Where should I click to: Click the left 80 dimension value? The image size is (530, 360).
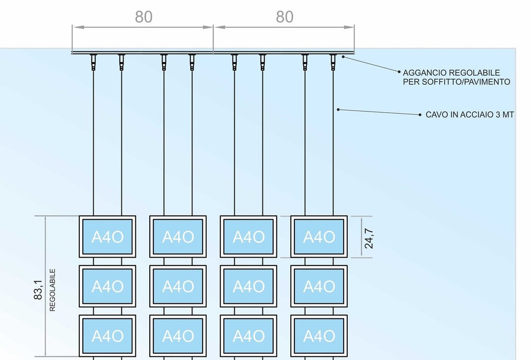click(x=144, y=17)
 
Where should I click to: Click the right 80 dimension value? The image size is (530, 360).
click(x=285, y=17)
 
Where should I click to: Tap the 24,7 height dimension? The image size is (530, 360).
click(x=369, y=237)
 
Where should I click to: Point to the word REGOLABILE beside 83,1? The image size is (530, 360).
click(x=52, y=290)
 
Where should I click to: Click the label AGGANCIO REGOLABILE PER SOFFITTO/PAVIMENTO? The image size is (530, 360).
click(x=456, y=77)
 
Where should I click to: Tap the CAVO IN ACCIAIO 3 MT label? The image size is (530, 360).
click(x=469, y=115)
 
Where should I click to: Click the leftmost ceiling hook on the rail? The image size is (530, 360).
click(x=93, y=62)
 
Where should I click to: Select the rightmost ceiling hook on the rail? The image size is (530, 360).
click(x=332, y=62)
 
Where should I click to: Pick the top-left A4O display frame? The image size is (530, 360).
click(x=108, y=237)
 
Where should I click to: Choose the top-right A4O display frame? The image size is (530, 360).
click(x=319, y=237)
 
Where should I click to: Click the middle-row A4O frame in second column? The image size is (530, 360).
click(x=178, y=286)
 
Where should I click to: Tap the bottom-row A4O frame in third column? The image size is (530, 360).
click(x=249, y=336)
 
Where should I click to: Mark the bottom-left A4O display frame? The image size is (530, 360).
click(x=108, y=336)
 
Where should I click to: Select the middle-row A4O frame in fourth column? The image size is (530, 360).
click(x=319, y=286)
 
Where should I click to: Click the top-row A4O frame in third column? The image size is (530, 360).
click(x=249, y=237)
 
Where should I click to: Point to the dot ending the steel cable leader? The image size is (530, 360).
click(x=338, y=109)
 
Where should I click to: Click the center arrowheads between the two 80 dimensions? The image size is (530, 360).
click(x=213, y=27)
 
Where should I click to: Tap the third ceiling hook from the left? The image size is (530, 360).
click(x=164, y=62)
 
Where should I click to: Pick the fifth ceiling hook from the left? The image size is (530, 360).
click(x=234, y=62)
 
